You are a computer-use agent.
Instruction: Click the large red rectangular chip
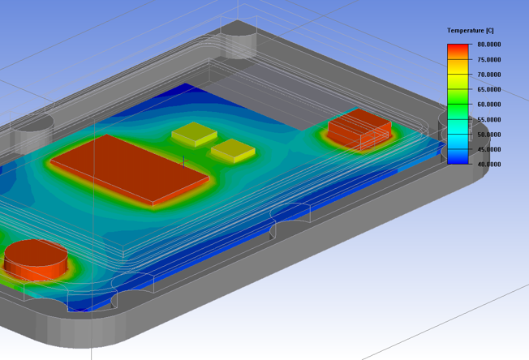point(130,166)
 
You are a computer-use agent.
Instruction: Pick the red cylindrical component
point(35,257)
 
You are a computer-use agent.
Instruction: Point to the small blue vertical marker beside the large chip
point(184,161)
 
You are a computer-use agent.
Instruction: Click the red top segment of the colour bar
point(458,50)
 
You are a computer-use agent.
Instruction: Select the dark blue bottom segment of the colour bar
point(458,159)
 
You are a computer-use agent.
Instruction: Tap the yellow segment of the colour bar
point(458,80)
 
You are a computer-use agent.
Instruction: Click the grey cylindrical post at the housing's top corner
point(239,40)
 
